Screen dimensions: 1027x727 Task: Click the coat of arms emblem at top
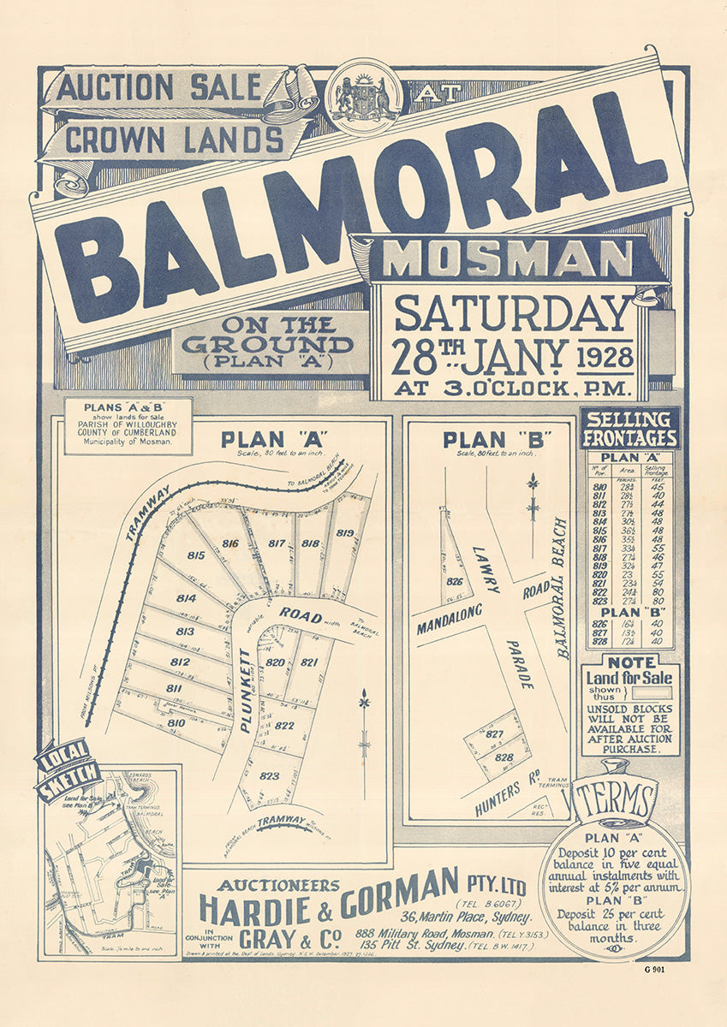[x=366, y=96]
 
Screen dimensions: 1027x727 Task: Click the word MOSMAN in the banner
[x=508, y=258]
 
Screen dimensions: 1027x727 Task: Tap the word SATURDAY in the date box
[x=511, y=313]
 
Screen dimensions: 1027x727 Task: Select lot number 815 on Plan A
[x=196, y=555]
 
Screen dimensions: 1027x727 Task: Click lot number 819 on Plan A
[x=345, y=533]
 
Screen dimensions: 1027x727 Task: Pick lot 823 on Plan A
[x=269, y=775]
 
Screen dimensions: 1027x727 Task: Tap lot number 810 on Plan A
[x=176, y=723]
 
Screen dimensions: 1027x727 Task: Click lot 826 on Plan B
[x=455, y=582]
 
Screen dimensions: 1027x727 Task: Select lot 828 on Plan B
[x=504, y=757]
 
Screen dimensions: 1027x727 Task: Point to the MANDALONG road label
[x=450, y=619]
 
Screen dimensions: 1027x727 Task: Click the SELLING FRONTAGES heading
[x=629, y=429]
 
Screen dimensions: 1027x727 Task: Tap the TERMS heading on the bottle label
[x=614, y=801]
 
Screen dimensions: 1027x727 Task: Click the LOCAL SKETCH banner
[x=68, y=763]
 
